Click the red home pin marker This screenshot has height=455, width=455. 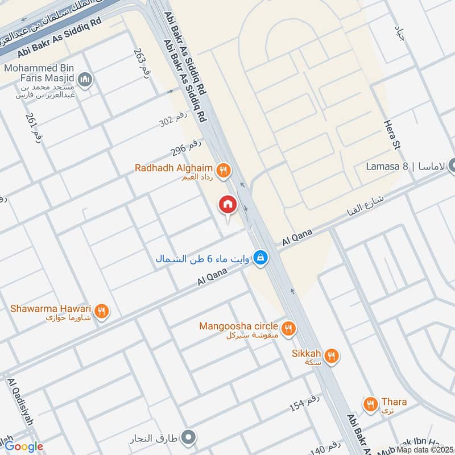pyautogui.click(x=227, y=204)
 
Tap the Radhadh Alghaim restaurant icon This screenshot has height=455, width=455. pyautogui.click(x=225, y=169)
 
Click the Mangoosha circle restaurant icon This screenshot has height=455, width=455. pyautogui.click(x=289, y=328)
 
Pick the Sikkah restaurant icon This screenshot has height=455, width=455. pyautogui.click(x=332, y=356)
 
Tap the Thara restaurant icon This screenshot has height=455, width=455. pyautogui.click(x=371, y=404)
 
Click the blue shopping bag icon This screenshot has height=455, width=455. pyautogui.click(x=260, y=258)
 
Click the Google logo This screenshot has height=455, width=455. pyautogui.click(x=22, y=446)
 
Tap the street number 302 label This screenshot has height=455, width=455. pyautogui.click(x=174, y=120)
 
